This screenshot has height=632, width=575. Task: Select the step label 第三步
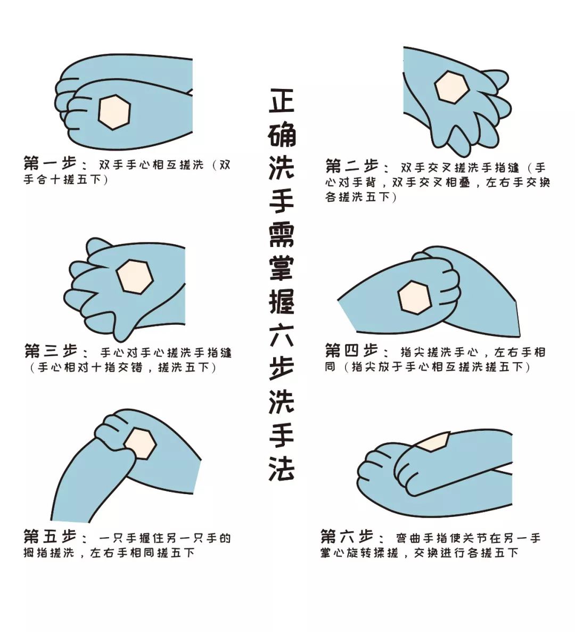click(51, 351)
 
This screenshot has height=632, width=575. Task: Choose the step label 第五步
click(50, 537)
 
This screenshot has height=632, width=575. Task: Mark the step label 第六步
click(347, 536)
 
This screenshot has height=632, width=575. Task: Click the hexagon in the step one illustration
click(114, 112)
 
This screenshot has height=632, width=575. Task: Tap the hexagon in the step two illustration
click(451, 87)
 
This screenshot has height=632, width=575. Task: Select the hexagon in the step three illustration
click(135, 276)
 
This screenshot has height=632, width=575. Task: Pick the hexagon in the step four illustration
click(415, 298)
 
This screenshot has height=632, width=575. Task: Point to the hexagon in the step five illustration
click(140, 444)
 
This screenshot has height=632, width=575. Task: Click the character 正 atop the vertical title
click(282, 100)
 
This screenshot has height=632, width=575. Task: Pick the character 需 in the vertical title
click(282, 234)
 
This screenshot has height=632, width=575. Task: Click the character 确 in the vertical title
click(282, 134)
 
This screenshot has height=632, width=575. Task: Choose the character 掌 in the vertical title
click(282, 268)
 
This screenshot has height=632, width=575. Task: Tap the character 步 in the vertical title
click(282, 368)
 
